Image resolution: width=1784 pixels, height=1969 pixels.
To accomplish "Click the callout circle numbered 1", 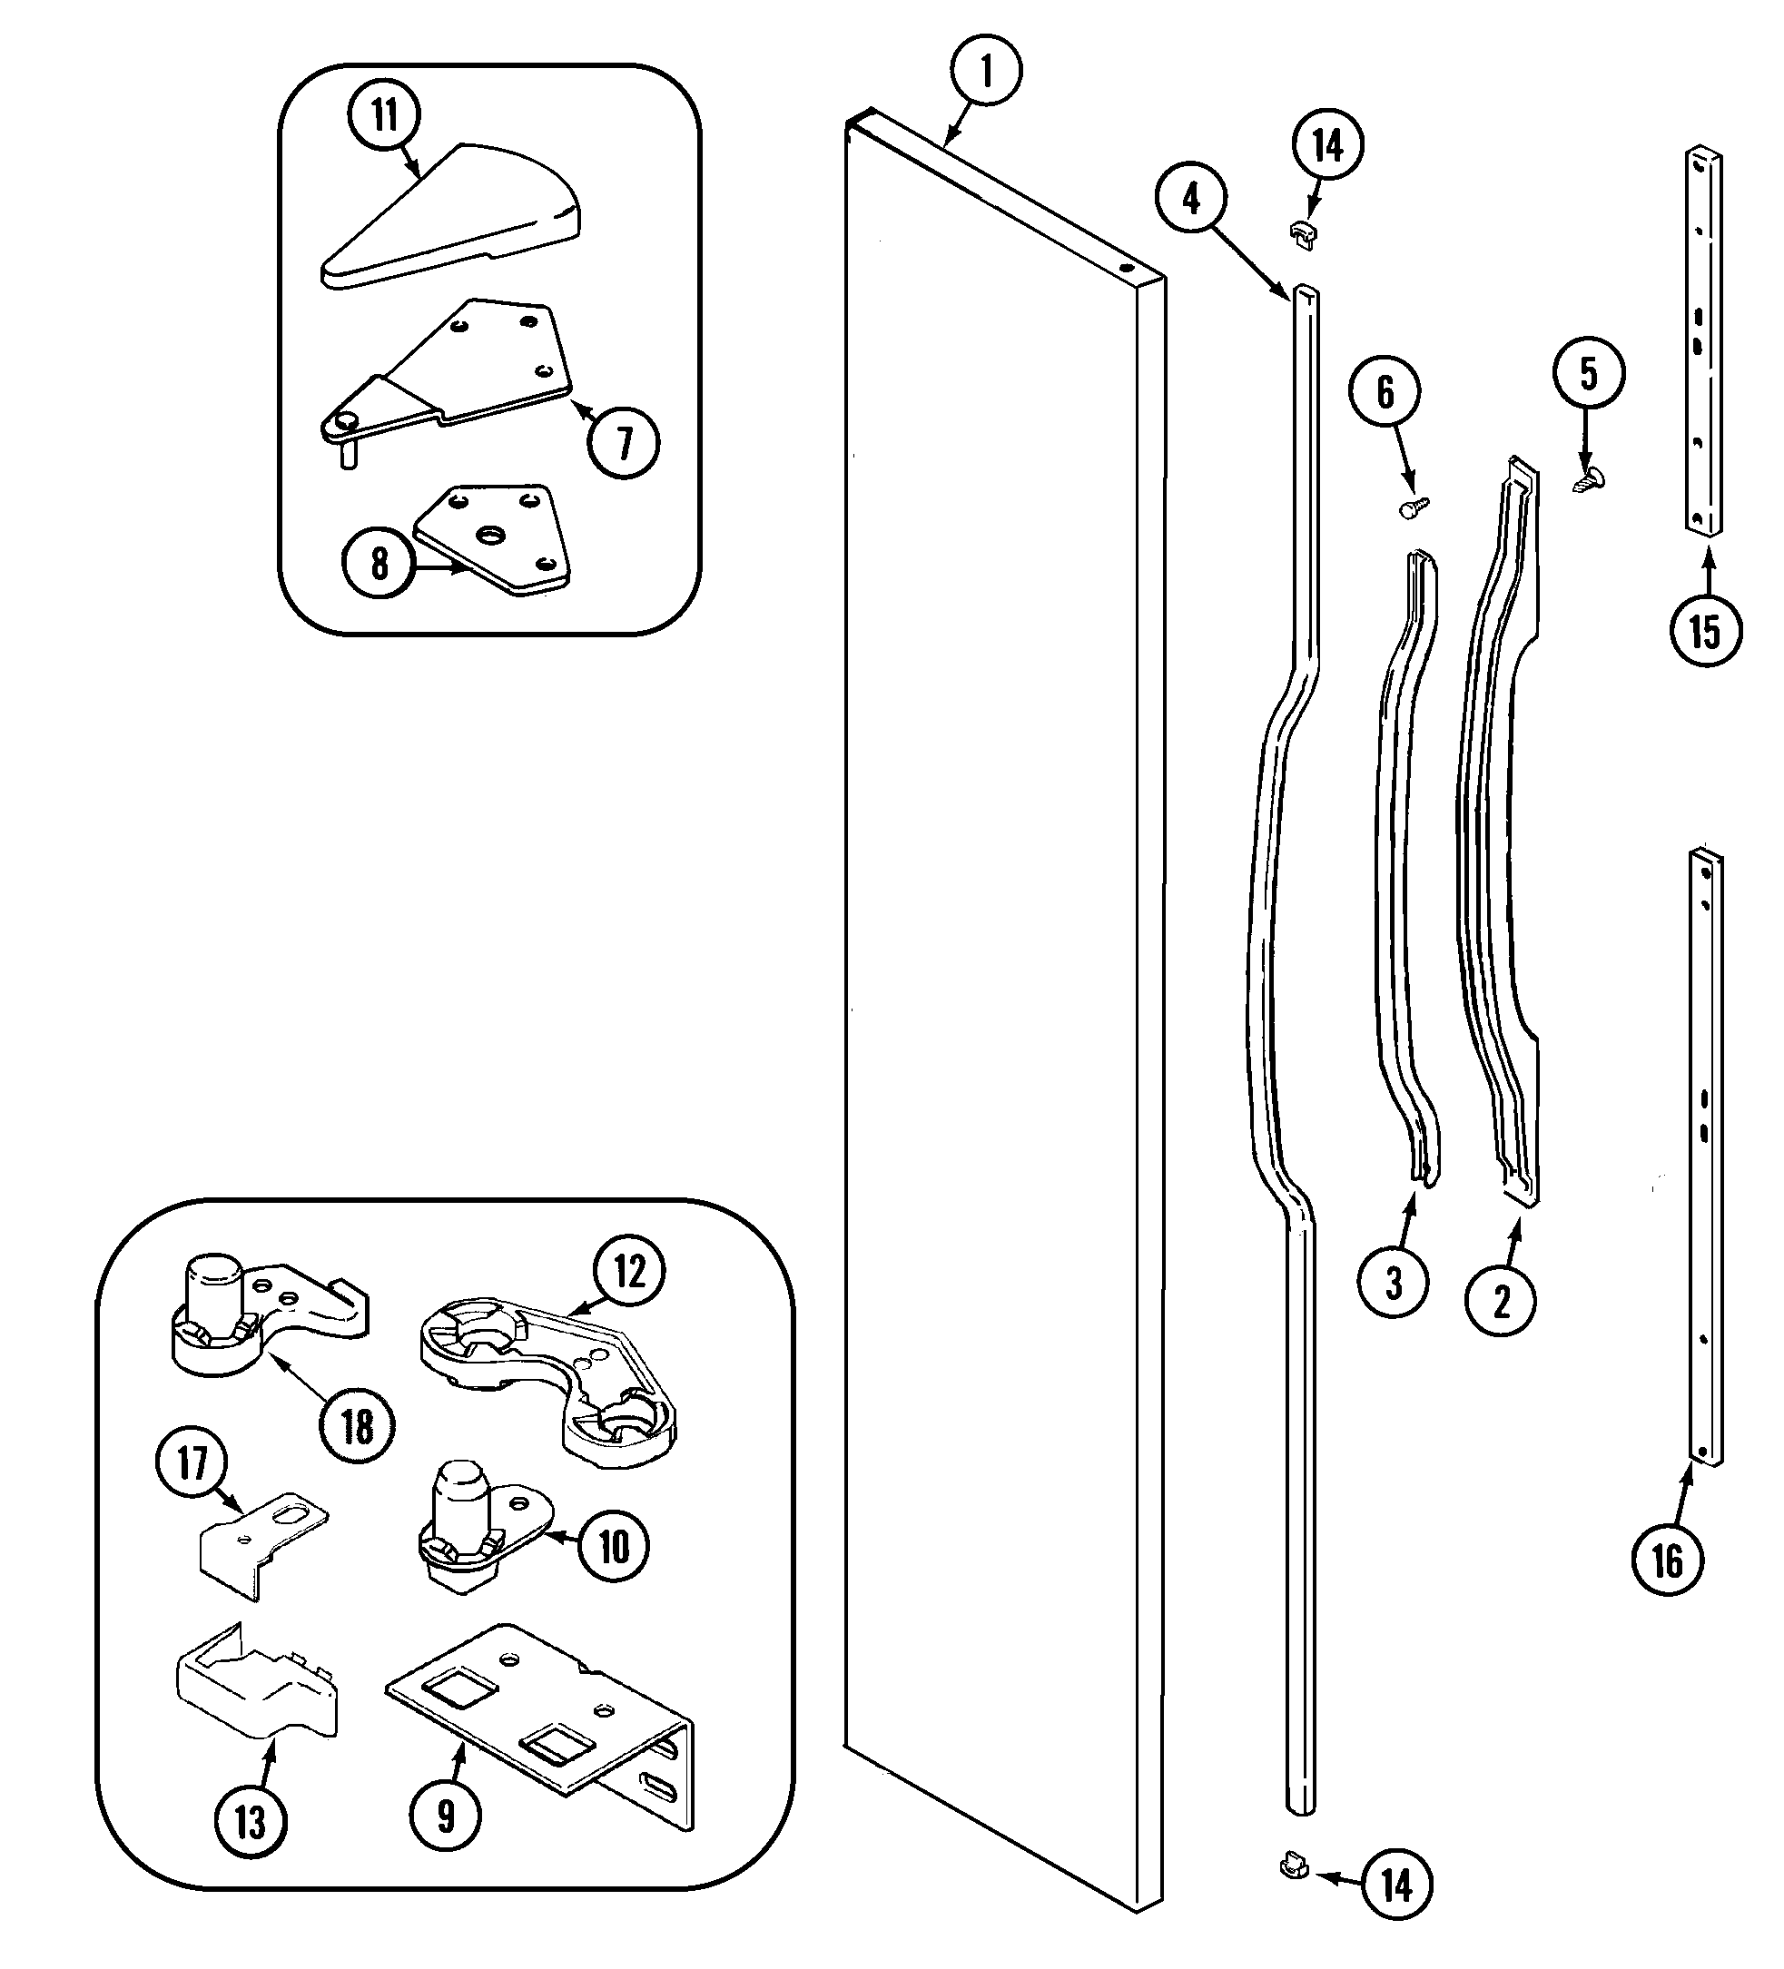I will point(986,72).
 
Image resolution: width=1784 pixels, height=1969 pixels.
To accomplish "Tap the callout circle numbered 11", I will point(384,115).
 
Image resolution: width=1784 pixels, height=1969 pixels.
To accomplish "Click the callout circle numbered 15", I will point(1705,630).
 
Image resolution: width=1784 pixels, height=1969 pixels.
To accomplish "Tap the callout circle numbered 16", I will point(1668,1560).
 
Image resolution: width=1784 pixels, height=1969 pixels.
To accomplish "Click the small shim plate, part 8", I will point(493,539).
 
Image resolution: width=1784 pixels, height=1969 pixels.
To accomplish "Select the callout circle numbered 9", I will point(446,1816).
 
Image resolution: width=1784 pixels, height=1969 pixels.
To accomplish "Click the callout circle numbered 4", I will point(1191,199).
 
